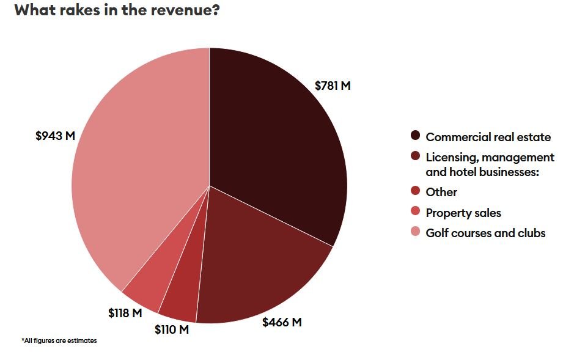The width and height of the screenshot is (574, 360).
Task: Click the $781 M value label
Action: point(333,86)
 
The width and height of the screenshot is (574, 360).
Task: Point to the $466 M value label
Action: point(282,321)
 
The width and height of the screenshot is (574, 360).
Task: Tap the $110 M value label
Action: point(172,329)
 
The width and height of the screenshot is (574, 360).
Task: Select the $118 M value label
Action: point(125,313)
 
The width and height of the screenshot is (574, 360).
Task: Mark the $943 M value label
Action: point(55,136)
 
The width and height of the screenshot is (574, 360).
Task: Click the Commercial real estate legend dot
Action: point(416,136)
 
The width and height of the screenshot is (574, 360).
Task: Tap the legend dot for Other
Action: point(416,191)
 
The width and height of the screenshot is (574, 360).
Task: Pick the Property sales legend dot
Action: point(416,211)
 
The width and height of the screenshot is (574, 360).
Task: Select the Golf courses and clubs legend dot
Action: point(416,232)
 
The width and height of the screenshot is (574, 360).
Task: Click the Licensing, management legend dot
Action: point(416,156)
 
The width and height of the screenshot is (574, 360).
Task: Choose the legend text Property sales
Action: point(463,213)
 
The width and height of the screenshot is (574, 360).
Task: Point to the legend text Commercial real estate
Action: point(488,137)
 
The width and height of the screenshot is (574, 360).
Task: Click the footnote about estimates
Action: point(59,340)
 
